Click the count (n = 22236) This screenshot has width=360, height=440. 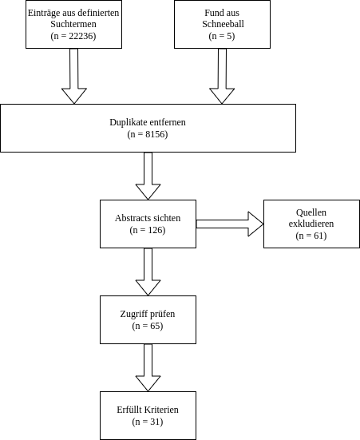coord(73,36)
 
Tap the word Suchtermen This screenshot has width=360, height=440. coord(73,24)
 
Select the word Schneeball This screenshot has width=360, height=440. coord(223,24)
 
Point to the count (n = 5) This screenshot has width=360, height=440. coord(222,36)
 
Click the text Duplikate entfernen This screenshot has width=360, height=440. coord(148,122)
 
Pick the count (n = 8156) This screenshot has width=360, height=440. coord(148,134)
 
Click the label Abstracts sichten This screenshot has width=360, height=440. coord(148,218)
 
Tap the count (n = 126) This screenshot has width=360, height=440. coord(148,230)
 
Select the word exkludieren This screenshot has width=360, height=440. coord(311,224)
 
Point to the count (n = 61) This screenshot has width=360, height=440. coord(311,236)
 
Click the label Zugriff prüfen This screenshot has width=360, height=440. coord(148,314)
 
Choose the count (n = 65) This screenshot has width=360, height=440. coord(148,326)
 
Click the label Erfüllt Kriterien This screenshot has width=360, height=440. coord(148,410)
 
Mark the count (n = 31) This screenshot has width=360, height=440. coord(148,422)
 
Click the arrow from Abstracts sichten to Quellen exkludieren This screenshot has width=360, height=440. coord(230,224)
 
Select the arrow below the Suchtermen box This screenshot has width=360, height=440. coord(74,76)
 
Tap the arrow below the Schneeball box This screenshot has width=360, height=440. coord(222,76)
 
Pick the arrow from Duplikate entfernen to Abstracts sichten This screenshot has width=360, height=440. coord(148,176)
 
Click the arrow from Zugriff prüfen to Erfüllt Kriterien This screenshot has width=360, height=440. coord(148,367)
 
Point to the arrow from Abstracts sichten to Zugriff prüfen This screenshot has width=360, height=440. coord(148,272)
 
